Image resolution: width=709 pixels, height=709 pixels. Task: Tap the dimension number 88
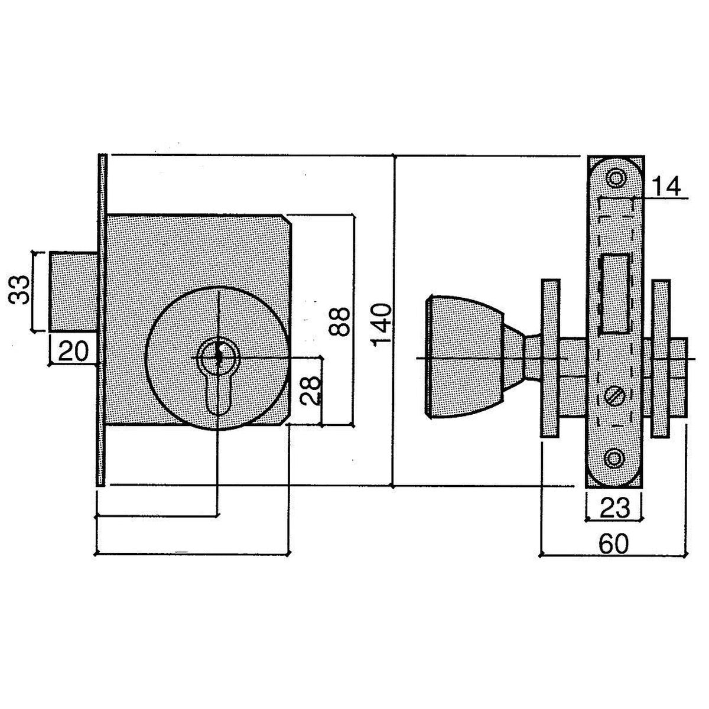coord(338,319)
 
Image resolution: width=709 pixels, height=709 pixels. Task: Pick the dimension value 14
coord(665,187)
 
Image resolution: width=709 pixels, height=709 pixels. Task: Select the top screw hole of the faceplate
coord(616,178)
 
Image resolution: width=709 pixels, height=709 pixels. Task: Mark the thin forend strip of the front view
coord(102,319)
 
